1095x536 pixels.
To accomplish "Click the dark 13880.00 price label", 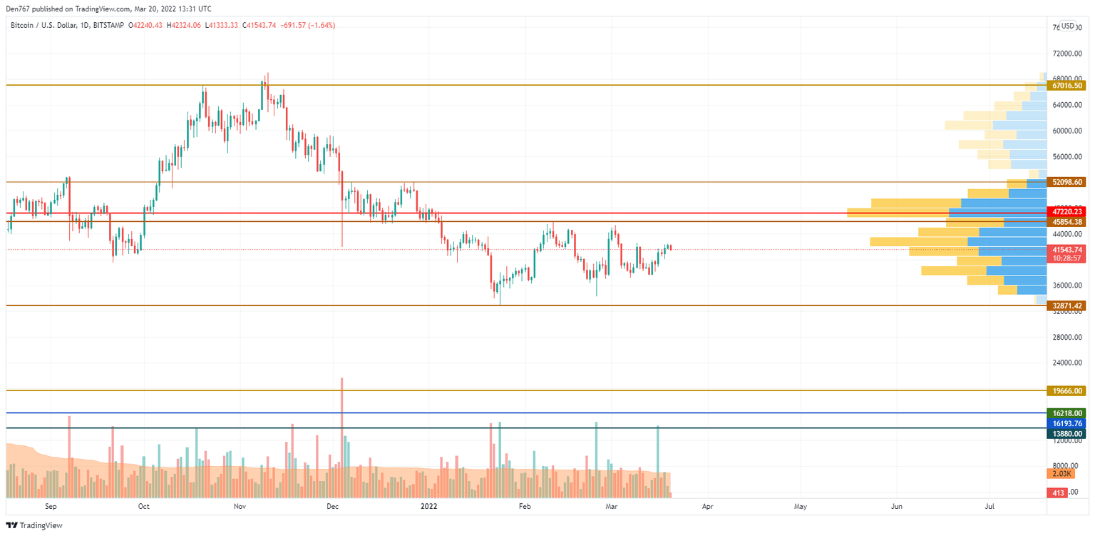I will (1066, 433).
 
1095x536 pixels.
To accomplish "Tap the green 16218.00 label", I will (1066, 413).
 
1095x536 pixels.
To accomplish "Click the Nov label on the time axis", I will (240, 507).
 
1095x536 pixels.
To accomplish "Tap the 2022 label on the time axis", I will (429, 507).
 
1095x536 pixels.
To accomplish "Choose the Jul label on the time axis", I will (989, 507).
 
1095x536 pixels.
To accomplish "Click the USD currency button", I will (1067, 26).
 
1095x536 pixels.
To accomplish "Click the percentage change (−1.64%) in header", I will (319, 26).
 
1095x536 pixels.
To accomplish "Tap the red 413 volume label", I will (1057, 492).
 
